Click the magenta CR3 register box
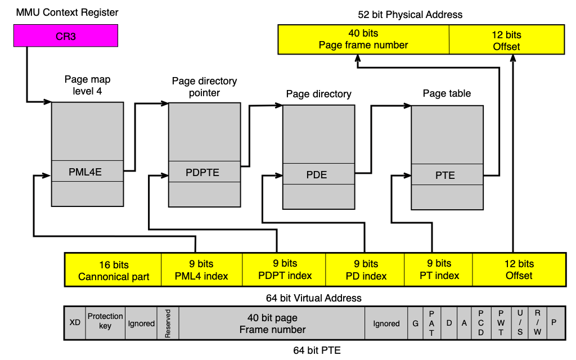66,35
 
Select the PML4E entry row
87,171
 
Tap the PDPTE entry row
205,172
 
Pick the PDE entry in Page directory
318,174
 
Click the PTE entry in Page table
447,174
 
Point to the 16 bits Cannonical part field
113,270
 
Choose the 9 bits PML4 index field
202,270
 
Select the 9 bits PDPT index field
284,270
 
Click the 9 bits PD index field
364,270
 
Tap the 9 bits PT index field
438,270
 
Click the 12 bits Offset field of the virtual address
519,270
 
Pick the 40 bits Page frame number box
363,39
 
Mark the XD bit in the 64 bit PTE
75,322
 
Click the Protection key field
105,322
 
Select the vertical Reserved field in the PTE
168,322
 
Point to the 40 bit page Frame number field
272,322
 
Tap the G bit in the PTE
416,322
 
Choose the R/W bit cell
537,322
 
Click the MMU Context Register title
67,12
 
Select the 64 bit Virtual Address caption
314,298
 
